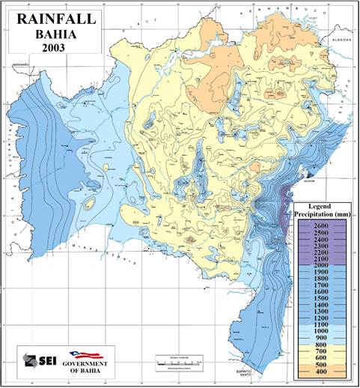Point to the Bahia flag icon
tap(88, 354)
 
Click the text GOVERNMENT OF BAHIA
tap(89, 366)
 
